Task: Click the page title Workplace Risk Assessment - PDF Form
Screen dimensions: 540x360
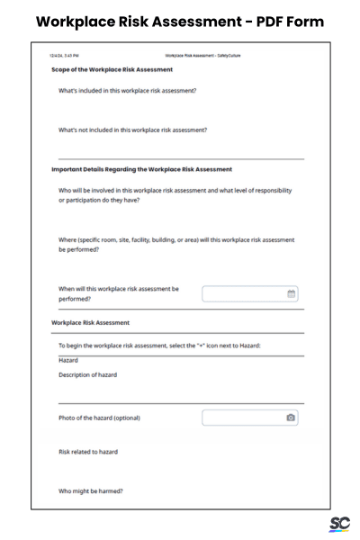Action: coord(180,21)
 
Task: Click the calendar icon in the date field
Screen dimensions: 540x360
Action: coord(291,293)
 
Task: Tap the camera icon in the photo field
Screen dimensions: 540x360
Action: coord(291,418)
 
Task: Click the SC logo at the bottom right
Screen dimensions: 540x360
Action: coord(338,524)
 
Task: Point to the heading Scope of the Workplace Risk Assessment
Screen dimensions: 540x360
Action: coord(112,69)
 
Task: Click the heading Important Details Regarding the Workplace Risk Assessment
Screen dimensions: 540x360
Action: coord(142,169)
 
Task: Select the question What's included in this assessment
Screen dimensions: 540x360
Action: coord(128,90)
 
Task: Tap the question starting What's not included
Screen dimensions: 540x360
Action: coord(133,130)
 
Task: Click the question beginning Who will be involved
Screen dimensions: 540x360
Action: coord(175,195)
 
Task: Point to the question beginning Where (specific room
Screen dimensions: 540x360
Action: coord(176,245)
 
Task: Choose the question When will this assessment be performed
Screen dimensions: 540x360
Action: coord(119,293)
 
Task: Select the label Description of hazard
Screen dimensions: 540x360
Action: coord(88,374)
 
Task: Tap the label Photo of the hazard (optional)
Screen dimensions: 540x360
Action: coord(99,418)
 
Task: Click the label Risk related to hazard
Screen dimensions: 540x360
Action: coord(88,452)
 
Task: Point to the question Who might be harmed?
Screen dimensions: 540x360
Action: coord(91,491)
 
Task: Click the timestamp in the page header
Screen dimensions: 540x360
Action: coord(65,56)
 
